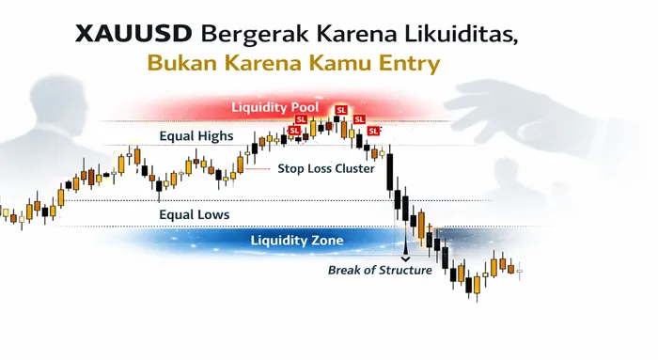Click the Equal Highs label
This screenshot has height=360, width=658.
pos(196,136)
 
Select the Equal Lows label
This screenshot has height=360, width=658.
pos(194,214)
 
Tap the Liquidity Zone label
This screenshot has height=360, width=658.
pos(297,240)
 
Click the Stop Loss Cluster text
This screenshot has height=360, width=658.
pos(326,169)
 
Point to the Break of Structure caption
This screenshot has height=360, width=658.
pos(379,270)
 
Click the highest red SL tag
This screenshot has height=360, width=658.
pos(341,110)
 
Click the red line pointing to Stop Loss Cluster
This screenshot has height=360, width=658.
pos(258,168)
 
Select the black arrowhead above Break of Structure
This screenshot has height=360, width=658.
pos(405,256)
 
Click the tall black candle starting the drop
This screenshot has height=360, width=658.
pos(389,174)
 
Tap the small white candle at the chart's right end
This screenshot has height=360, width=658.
pos(520,271)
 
